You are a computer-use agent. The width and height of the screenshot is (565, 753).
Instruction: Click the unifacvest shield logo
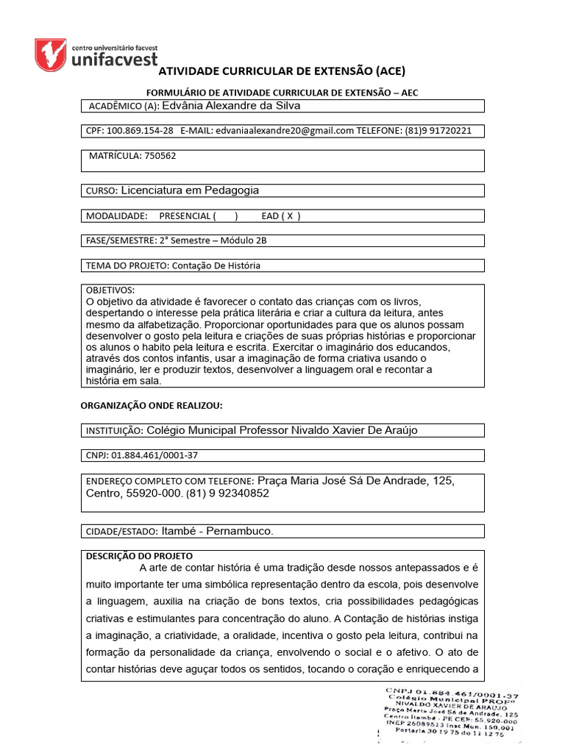(x=51, y=54)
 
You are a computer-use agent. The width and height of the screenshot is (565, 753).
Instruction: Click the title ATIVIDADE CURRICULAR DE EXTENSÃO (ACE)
(x=282, y=71)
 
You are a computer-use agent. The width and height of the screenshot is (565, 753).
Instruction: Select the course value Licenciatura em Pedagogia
(x=189, y=190)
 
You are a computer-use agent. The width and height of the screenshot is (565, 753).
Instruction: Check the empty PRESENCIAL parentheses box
(x=225, y=216)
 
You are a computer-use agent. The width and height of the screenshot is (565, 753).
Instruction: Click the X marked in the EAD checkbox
(x=290, y=216)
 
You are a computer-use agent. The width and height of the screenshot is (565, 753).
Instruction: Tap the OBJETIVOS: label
(x=110, y=290)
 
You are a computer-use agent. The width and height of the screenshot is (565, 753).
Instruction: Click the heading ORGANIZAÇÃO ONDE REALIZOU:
(x=151, y=405)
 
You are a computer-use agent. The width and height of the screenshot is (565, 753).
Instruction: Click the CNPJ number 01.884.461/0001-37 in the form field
(x=154, y=455)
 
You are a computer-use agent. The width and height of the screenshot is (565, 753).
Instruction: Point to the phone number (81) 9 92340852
(x=228, y=494)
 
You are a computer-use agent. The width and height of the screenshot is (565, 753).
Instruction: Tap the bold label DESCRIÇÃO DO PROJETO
(x=140, y=556)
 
